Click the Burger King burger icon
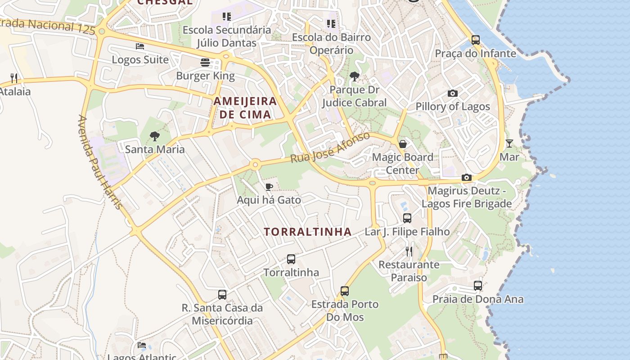[205, 62]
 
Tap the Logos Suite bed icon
[140, 46]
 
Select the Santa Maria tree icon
[155, 135]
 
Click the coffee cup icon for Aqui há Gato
[269, 187]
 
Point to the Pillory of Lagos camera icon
[453, 94]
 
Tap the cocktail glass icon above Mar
[509, 144]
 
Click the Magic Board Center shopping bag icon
[403, 144]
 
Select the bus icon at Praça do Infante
[476, 40]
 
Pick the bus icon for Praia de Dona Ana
[478, 285]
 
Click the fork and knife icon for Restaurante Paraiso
[409, 251]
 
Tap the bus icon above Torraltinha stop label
[291, 259]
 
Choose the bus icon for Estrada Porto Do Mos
[345, 291]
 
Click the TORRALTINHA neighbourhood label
[308, 232]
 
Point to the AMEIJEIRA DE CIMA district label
[245, 108]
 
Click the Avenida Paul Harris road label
[100, 162]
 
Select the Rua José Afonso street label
[330, 147]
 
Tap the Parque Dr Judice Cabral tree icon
[355, 76]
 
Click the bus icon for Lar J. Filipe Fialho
[407, 218]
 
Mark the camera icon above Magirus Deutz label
[467, 178]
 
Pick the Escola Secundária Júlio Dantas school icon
[227, 17]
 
